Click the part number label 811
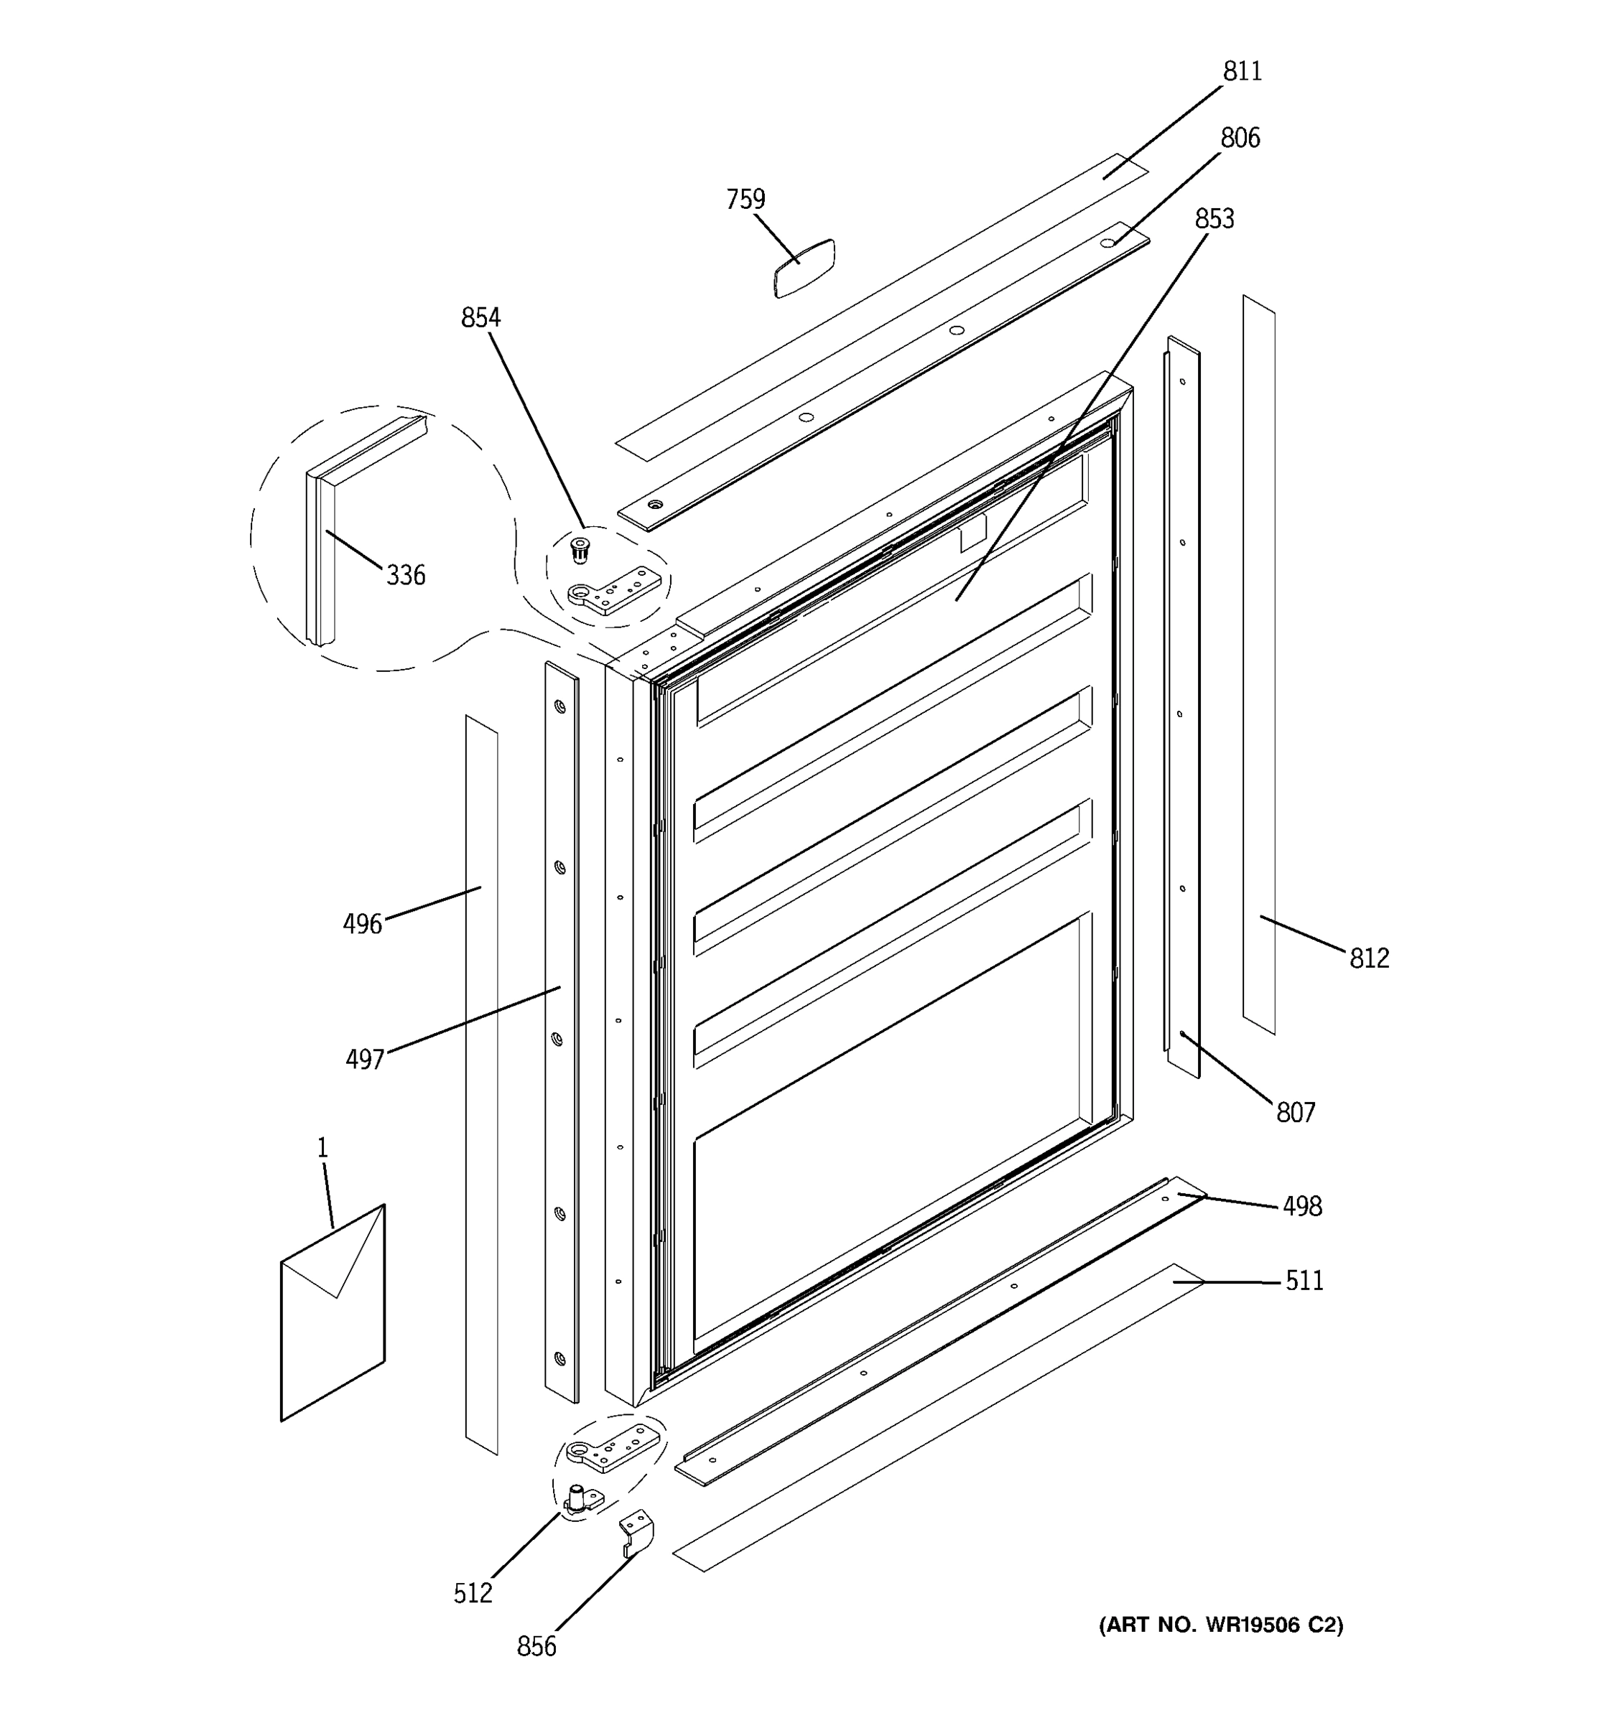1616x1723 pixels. (x=1242, y=71)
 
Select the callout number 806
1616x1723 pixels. (x=1240, y=138)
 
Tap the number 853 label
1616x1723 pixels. (x=1214, y=219)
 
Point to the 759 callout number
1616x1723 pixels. (x=746, y=200)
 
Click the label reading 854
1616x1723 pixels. (x=480, y=318)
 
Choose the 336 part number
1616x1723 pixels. (x=406, y=576)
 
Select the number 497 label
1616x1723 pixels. (x=365, y=1059)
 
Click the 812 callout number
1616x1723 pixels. (x=1369, y=958)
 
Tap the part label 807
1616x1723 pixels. (x=1295, y=1113)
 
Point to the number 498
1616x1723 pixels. (x=1302, y=1206)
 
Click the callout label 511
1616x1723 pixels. (x=1304, y=1281)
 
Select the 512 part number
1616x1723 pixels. (x=473, y=1593)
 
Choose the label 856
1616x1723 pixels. (x=536, y=1647)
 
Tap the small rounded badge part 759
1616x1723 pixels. (x=804, y=269)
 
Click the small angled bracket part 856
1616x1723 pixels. (x=636, y=1533)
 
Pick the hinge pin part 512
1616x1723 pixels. (x=577, y=1498)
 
